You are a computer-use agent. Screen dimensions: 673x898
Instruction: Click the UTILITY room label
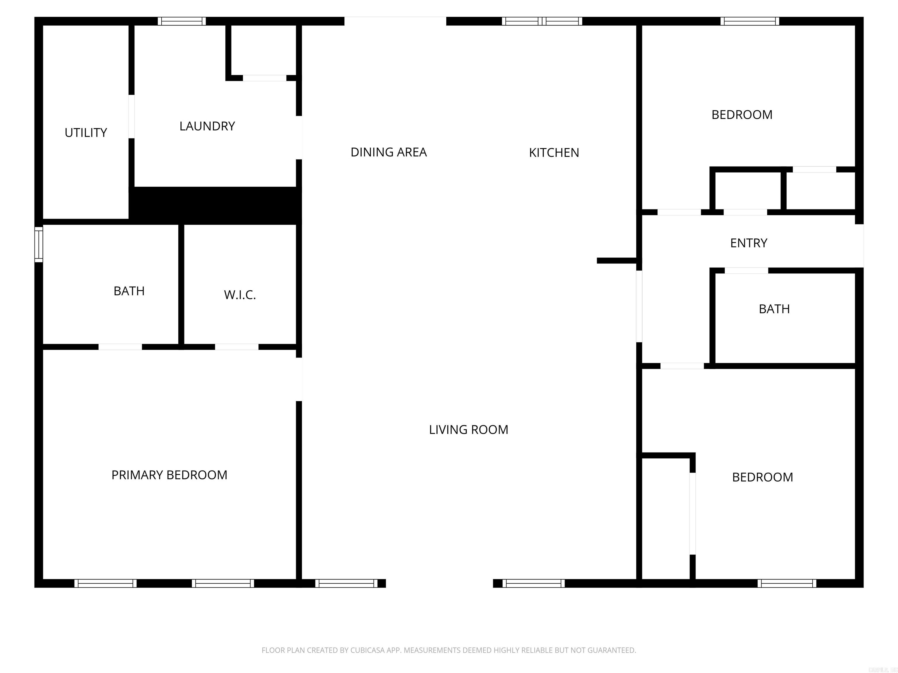pos(86,133)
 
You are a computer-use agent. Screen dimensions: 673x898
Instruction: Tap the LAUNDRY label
pos(207,126)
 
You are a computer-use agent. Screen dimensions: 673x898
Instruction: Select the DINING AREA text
pos(388,152)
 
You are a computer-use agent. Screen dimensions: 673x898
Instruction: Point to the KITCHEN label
pos(554,152)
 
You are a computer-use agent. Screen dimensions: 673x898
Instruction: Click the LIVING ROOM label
pos(469,430)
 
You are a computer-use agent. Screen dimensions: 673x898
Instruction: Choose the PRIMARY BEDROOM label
pos(169,475)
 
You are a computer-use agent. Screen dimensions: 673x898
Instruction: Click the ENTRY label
pos(749,243)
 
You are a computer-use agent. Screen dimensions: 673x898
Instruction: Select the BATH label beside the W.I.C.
pos(129,291)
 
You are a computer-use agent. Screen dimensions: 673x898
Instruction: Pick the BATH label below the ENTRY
pos(774,309)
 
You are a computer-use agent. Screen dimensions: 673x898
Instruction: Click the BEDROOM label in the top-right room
pos(742,115)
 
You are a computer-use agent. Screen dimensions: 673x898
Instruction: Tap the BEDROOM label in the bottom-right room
pos(762,477)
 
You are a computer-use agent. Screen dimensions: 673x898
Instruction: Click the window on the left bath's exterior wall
pos(39,244)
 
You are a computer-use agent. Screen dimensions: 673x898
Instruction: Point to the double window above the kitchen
pos(542,21)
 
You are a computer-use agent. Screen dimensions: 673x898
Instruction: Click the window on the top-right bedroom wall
pos(750,21)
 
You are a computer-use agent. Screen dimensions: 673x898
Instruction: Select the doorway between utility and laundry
pos(132,117)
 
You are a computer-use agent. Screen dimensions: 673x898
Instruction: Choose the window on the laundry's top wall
pos(182,21)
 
